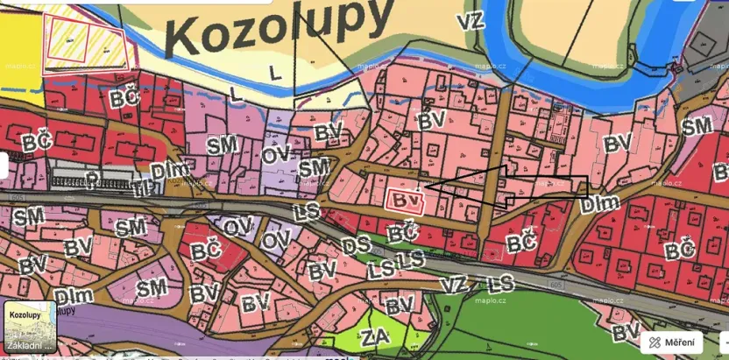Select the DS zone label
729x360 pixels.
(356, 245)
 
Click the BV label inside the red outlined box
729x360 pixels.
(404, 201)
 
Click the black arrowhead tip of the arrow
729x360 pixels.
(422, 187)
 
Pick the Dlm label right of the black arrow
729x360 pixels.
(600, 203)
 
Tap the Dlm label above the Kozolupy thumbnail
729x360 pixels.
(74, 294)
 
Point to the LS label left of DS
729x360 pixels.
(307, 211)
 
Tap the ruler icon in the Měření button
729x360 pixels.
(655, 342)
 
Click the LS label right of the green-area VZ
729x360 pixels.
(500, 284)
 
